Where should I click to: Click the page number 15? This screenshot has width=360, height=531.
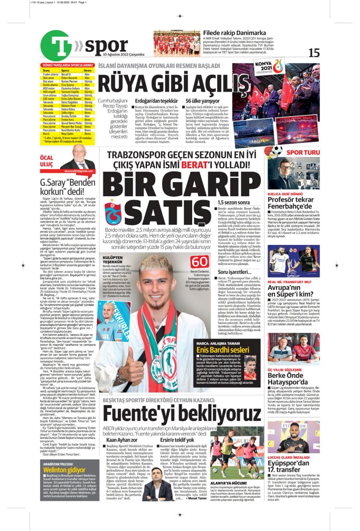[x=314, y=53]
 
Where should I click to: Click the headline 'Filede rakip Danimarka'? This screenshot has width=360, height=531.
[x=234, y=33]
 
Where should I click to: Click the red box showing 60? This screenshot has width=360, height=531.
[x=199, y=262]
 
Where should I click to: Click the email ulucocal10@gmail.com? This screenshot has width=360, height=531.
[x=79, y=171]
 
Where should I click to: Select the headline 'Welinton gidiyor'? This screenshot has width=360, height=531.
[x=64, y=470]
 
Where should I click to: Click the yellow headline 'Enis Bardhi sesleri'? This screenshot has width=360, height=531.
[x=223, y=350]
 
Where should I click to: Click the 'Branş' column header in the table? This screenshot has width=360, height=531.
[x=46, y=70]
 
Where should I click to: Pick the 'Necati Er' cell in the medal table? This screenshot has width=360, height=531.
[x=66, y=74]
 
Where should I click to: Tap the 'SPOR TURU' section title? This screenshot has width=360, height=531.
[x=303, y=152]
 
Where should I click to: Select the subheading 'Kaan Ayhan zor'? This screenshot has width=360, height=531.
[x=122, y=440]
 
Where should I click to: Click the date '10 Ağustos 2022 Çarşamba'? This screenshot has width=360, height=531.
[x=124, y=55]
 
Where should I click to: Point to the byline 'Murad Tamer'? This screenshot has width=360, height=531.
[x=197, y=498]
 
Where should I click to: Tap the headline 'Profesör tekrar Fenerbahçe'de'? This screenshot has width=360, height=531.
[x=290, y=203]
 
